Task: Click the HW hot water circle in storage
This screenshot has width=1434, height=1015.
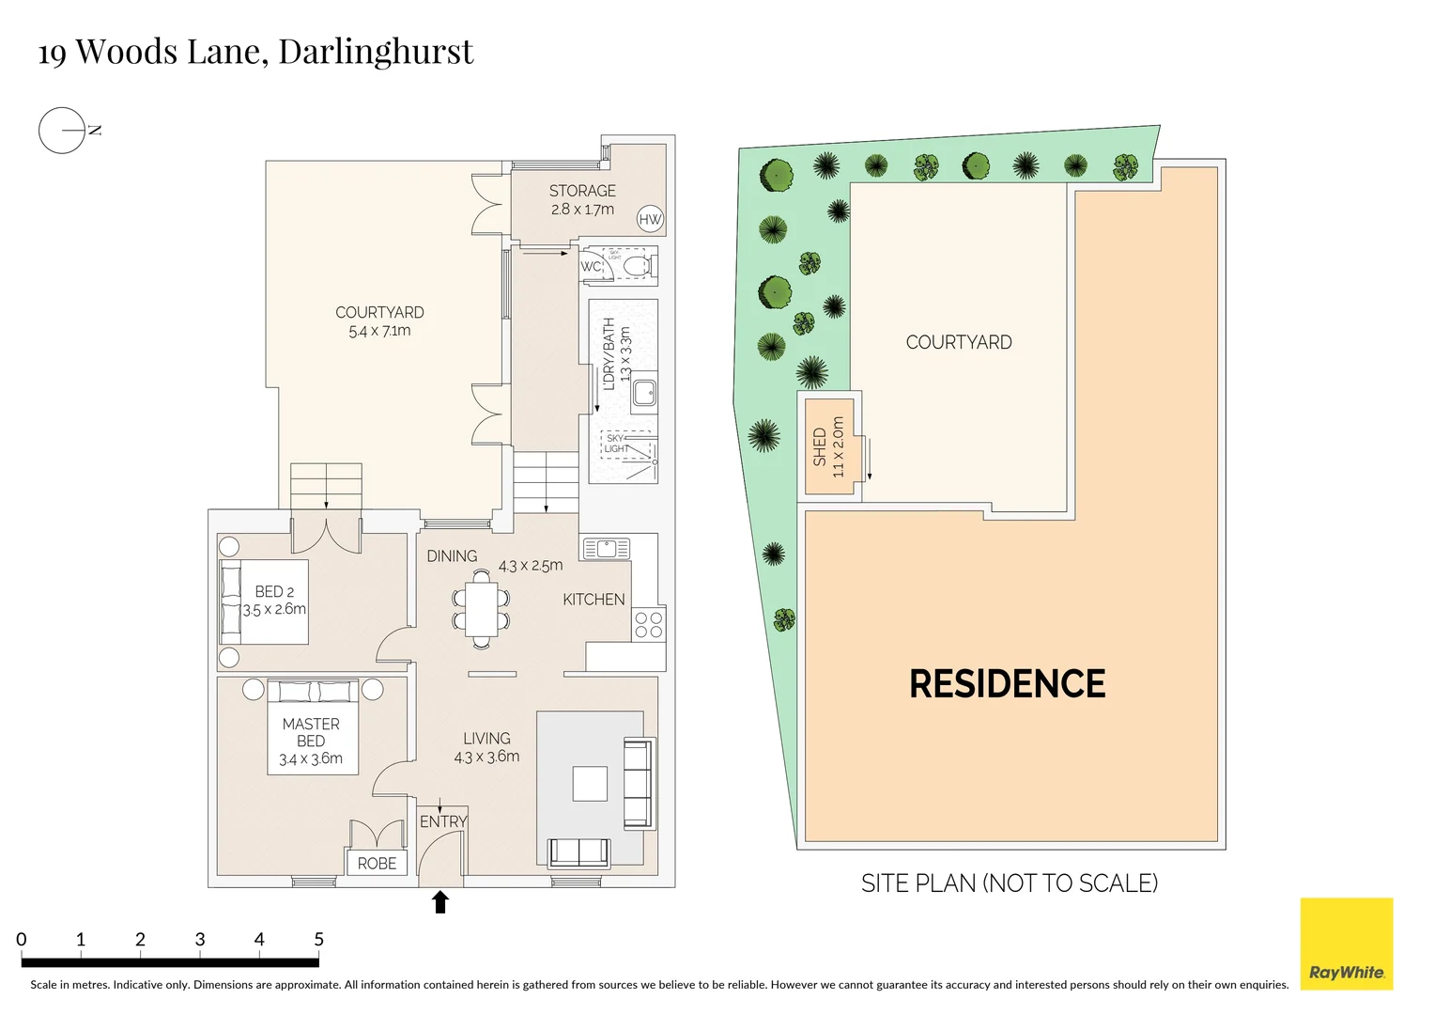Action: click(650, 219)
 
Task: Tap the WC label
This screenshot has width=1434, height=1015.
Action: click(591, 266)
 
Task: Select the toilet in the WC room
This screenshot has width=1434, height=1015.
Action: click(639, 265)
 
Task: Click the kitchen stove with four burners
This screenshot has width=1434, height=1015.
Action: click(649, 624)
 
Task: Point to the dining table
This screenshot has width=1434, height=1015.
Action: click(482, 609)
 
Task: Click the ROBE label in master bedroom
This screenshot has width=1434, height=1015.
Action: click(377, 863)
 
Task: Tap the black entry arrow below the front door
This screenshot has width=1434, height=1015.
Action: click(439, 901)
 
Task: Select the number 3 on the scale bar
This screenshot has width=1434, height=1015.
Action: click(200, 940)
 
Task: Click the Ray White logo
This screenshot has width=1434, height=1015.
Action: click(1347, 944)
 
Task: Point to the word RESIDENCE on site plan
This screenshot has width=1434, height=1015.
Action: click(1007, 684)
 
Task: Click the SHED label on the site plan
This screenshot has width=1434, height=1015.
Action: click(820, 446)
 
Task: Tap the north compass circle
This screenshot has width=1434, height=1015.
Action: click(62, 130)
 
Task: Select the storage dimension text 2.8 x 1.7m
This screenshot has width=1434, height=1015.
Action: click(582, 209)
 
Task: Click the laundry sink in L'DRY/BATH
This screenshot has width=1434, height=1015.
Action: click(644, 392)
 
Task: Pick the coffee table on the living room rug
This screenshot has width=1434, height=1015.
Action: click(590, 783)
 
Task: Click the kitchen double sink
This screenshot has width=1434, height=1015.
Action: click(607, 549)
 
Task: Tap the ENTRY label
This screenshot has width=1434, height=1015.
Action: click(443, 821)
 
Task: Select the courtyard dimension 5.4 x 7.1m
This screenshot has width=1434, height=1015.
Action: click(379, 331)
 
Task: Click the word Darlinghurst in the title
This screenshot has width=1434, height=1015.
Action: click(376, 52)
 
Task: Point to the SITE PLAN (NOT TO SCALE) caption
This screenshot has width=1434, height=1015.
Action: click(1010, 883)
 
